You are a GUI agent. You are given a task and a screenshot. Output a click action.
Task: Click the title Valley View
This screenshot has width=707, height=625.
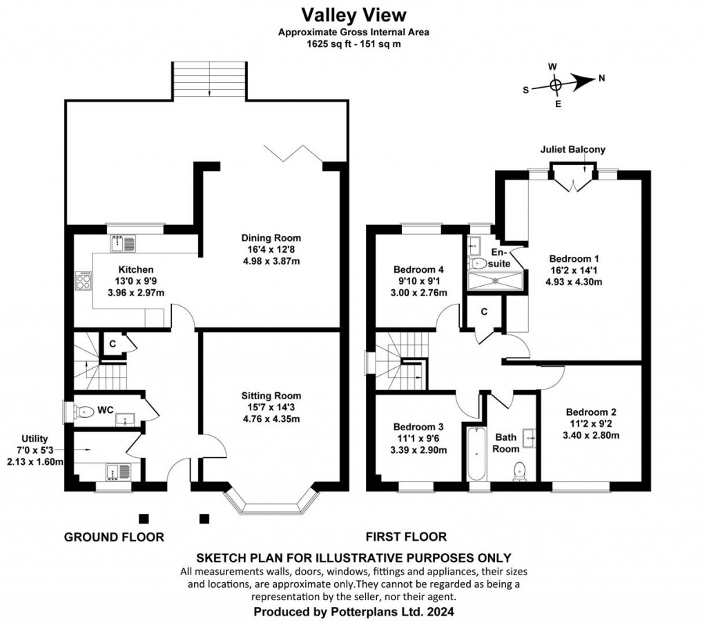pos(353,14)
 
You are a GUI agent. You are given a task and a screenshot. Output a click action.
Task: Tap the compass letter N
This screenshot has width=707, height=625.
pos(601,78)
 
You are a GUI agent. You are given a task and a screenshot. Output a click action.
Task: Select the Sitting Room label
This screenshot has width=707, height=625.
pos(271,396)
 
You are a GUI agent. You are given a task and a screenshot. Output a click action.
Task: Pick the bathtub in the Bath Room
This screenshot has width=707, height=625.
pos(475,455)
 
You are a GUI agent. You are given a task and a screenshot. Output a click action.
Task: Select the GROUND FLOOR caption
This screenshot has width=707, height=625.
pos(114,537)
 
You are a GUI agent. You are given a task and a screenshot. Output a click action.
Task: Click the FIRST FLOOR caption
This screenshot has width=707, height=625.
pos(406,537)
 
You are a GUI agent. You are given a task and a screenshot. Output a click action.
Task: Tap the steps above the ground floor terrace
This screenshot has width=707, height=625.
pos(209,81)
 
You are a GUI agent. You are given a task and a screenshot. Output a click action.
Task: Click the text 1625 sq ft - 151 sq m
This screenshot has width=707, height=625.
pos(353,43)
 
